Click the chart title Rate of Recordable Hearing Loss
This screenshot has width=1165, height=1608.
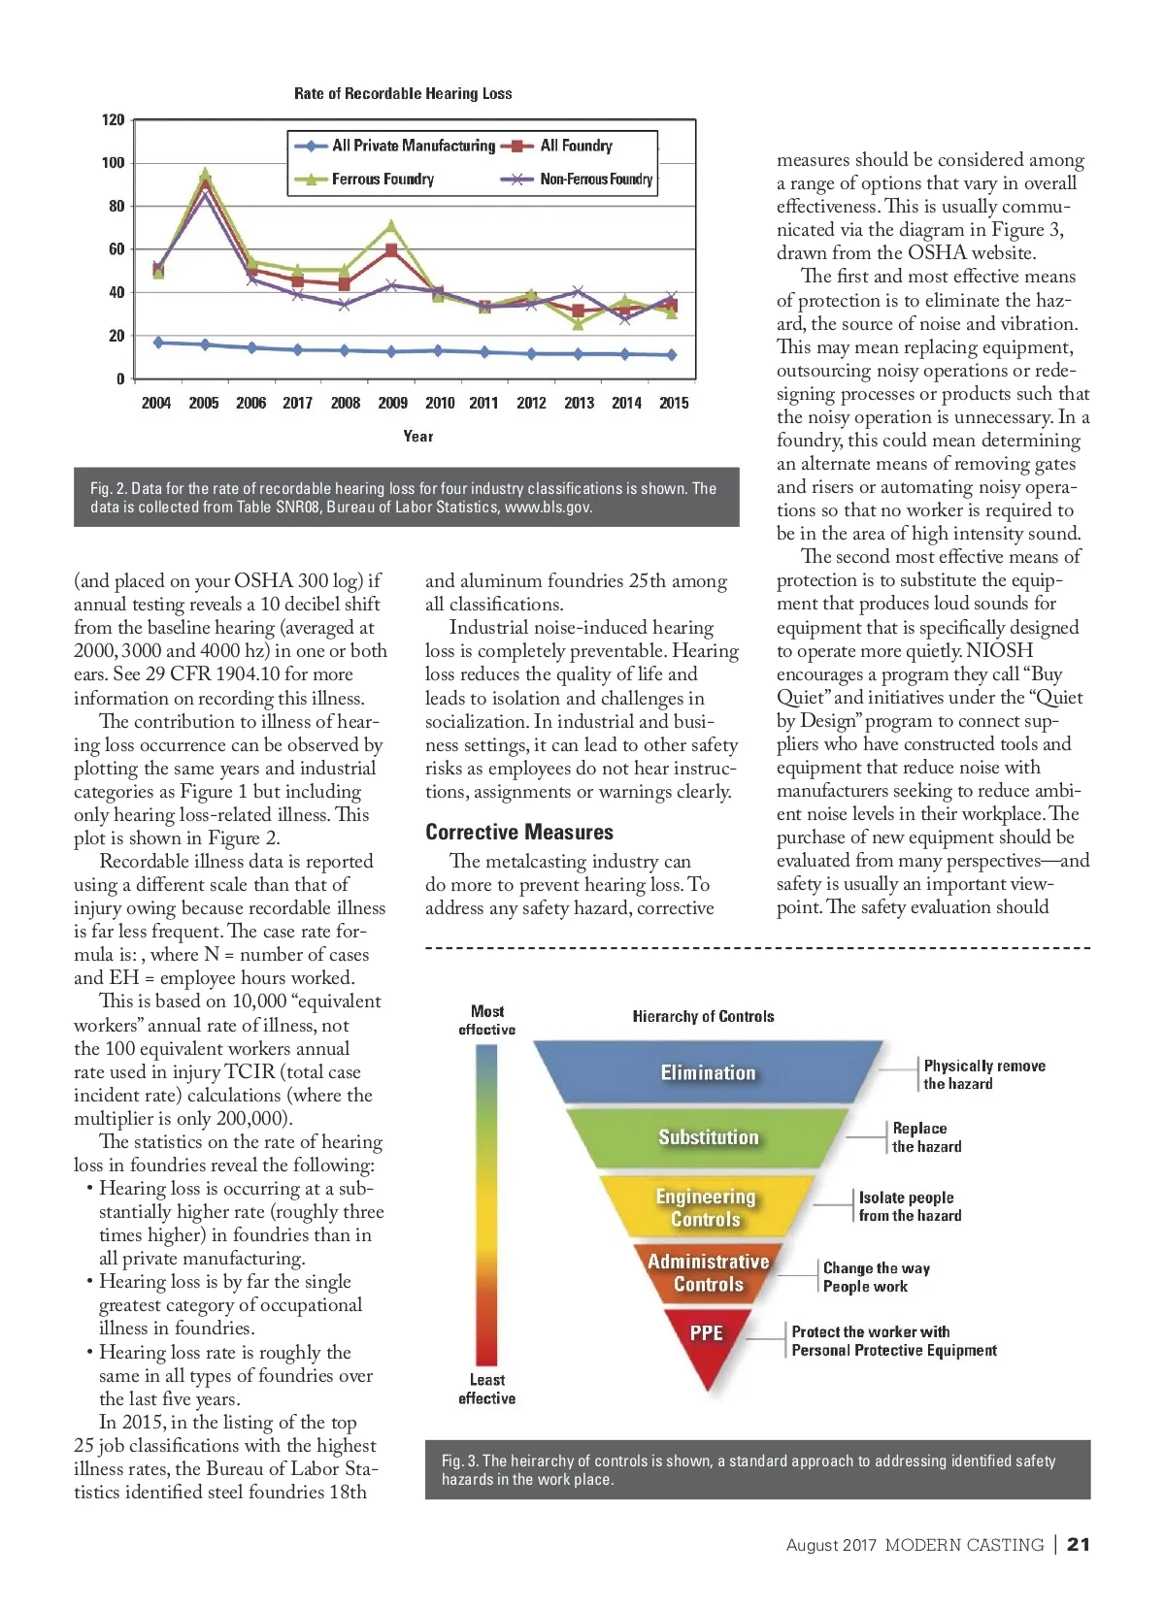403,93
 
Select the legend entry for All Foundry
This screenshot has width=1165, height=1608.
576,146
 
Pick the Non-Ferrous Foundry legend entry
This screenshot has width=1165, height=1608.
595,180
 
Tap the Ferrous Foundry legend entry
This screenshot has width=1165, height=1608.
383,180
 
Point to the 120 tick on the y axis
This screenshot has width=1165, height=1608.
114,119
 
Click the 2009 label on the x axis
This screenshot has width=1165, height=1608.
392,403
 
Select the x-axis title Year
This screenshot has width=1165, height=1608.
418,436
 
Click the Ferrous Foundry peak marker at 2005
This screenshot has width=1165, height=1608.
205,175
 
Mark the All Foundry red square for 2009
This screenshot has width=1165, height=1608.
391,250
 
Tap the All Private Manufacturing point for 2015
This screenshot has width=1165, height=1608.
671,355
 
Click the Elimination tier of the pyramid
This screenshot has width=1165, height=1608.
708,1072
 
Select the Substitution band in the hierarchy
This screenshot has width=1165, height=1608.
708,1137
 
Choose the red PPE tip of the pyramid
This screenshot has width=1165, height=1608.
707,1339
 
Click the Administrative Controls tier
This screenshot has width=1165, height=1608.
708,1272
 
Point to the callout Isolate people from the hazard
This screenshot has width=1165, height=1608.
910,1206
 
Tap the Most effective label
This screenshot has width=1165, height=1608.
487,1020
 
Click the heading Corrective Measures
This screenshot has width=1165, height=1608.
519,832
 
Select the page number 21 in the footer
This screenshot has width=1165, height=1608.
1078,1545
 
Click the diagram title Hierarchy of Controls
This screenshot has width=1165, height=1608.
703,1016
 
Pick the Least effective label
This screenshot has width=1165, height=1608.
487,1389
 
